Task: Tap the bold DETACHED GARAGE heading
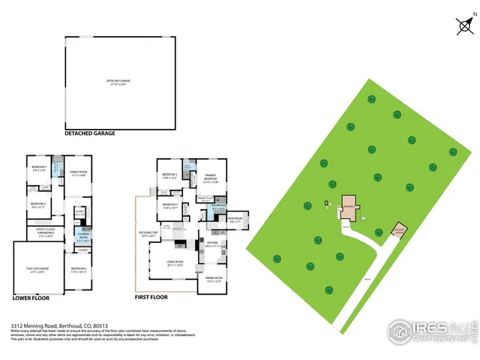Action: (90, 133)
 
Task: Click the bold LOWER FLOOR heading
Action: (31, 297)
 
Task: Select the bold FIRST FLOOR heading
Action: (151, 297)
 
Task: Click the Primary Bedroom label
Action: (210, 178)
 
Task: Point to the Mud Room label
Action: (235, 220)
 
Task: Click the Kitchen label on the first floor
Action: (213, 244)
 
